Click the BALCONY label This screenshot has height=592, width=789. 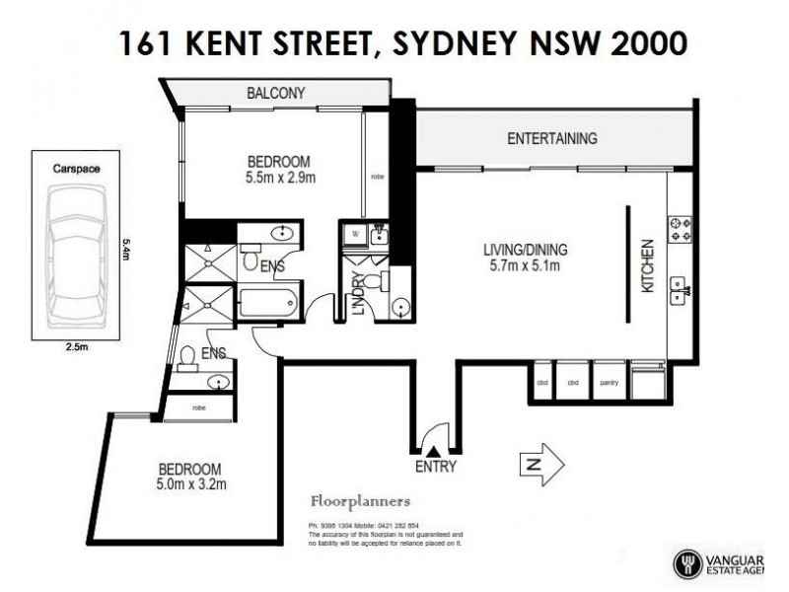(x=275, y=93)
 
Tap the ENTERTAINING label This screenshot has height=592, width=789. (x=551, y=138)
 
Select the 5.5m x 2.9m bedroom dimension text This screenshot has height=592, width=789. (x=279, y=180)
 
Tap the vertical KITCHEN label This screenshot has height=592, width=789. (x=648, y=265)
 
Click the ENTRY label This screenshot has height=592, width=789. (x=435, y=467)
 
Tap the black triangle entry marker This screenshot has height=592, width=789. (x=434, y=450)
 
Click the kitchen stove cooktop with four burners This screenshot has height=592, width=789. (x=680, y=229)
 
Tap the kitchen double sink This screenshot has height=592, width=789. (x=680, y=289)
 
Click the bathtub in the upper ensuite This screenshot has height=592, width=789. (x=267, y=302)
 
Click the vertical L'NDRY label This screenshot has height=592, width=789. (x=359, y=294)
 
